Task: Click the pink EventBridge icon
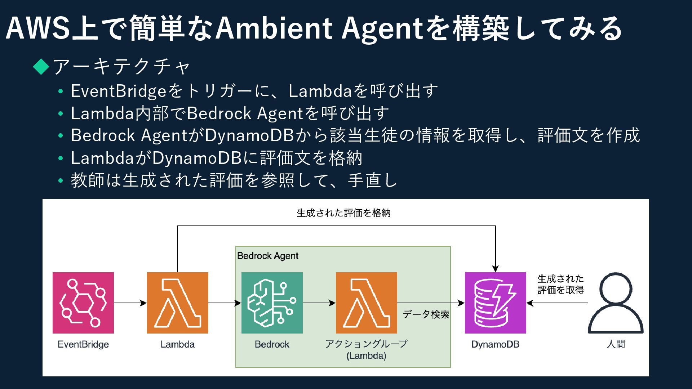tap(83, 303)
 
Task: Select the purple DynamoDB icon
tap(495, 303)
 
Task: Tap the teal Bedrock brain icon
tap(272, 303)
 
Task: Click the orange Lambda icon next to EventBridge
tap(178, 303)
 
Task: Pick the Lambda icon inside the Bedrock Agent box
tap(366, 303)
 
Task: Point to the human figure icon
tap(616, 303)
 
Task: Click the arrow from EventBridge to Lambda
tap(130, 303)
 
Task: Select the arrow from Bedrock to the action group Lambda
tap(319, 303)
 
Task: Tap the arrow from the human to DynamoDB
tap(557, 303)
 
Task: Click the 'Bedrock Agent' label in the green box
tap(268, 256)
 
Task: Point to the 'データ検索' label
tap(426, 314)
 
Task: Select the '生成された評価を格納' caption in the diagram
tap(343, 213)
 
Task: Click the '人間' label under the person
tap(616, 344)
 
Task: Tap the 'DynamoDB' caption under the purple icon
tap(495, 344)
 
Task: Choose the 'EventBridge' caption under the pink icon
tap(83, 344)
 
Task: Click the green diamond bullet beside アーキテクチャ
tap(41, 66)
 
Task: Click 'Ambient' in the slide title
tap(274, 28)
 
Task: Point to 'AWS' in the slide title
tap(37, 28)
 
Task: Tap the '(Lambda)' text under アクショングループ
tap(366, 356)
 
